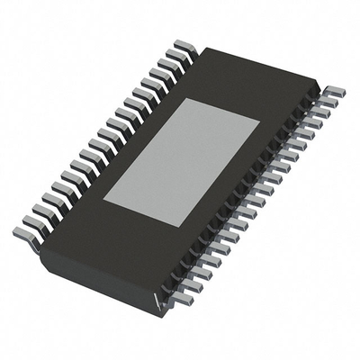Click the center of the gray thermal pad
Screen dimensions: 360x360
point(182,163)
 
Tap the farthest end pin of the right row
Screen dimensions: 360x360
point(333,93)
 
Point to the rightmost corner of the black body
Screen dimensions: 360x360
point(320,88)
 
